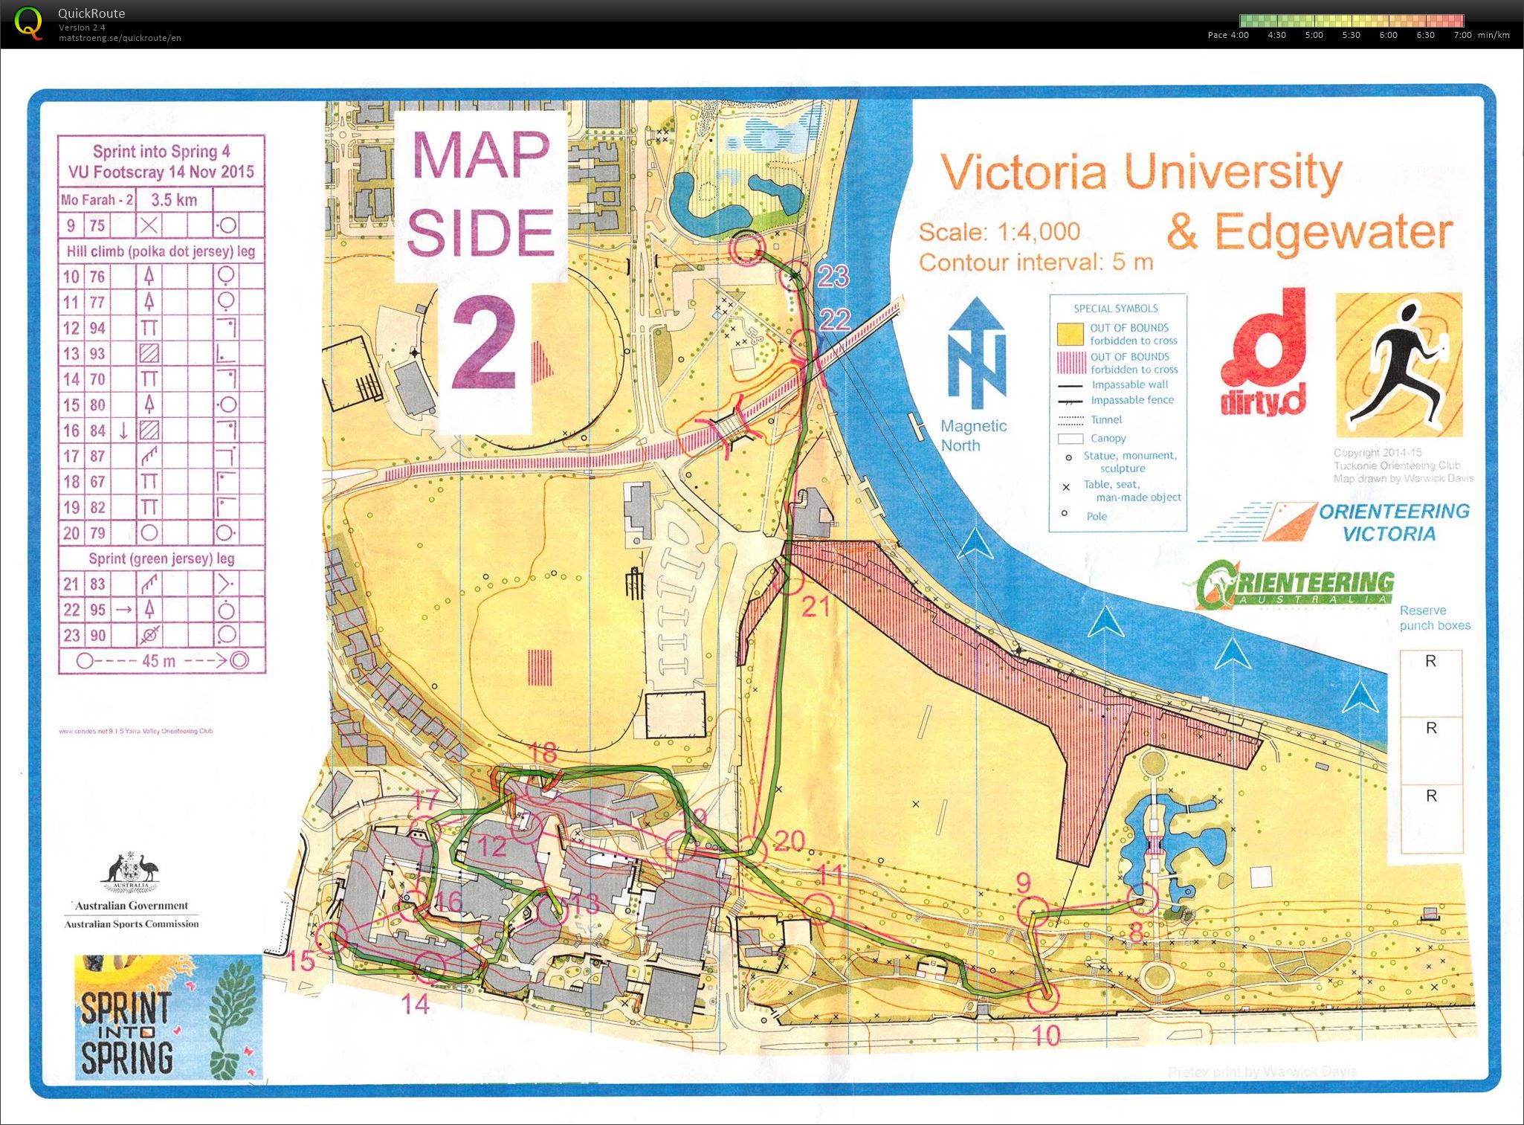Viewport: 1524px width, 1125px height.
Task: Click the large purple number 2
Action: tap(484, 343)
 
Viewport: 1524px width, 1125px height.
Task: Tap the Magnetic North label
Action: tap(973, 436)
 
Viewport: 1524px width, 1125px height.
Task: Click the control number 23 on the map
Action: tap(833, 277)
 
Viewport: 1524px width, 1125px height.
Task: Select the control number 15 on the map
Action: tap(301, 961)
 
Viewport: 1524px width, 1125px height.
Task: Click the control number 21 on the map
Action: tap(815, 607)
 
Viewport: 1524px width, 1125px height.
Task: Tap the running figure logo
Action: tap(1398, 365)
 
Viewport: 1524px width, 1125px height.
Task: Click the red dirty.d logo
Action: tap(1262, 354)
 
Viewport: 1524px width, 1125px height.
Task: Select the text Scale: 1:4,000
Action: tap(999, 232)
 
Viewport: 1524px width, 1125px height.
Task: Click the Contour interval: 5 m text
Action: tap(1036, 262)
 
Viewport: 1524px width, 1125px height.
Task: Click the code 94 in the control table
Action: tap(97, 328)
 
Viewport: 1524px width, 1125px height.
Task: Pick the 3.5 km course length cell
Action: tap(174, 199)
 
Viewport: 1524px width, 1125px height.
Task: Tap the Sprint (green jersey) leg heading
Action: tap(161, 558)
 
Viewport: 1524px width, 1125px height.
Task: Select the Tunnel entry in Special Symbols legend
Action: tap(1106, 419)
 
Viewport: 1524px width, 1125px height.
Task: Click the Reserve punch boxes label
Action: tap(1434, 617)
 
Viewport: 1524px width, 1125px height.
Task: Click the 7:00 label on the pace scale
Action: tap(1462, 35)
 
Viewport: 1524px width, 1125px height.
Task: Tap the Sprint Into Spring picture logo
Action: tap(168, 1016)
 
